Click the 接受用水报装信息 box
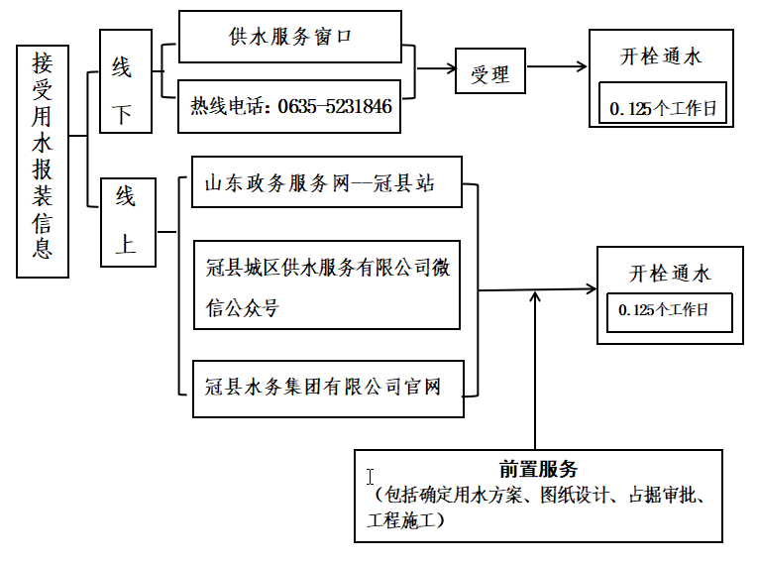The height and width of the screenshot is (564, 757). coord(43,160)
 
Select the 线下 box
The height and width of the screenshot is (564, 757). coord(126,81)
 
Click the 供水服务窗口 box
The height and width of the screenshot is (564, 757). coord(289,38)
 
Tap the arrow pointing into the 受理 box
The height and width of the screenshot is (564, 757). coord(436,68)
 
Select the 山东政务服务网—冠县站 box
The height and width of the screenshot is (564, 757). coord(327,182)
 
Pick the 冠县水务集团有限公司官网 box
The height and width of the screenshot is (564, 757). coord(327,386)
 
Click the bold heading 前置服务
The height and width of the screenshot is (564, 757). coord(538,469)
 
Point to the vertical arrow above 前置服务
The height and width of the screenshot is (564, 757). coord(535,367)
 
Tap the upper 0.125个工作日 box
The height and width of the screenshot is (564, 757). coord(663,108)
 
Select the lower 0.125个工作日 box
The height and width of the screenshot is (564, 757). coord(669,311)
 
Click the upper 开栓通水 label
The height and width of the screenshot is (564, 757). coord(661,56)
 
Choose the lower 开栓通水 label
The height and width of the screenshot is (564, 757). coord(670,274)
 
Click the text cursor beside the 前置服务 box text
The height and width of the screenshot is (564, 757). coord(370,477)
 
